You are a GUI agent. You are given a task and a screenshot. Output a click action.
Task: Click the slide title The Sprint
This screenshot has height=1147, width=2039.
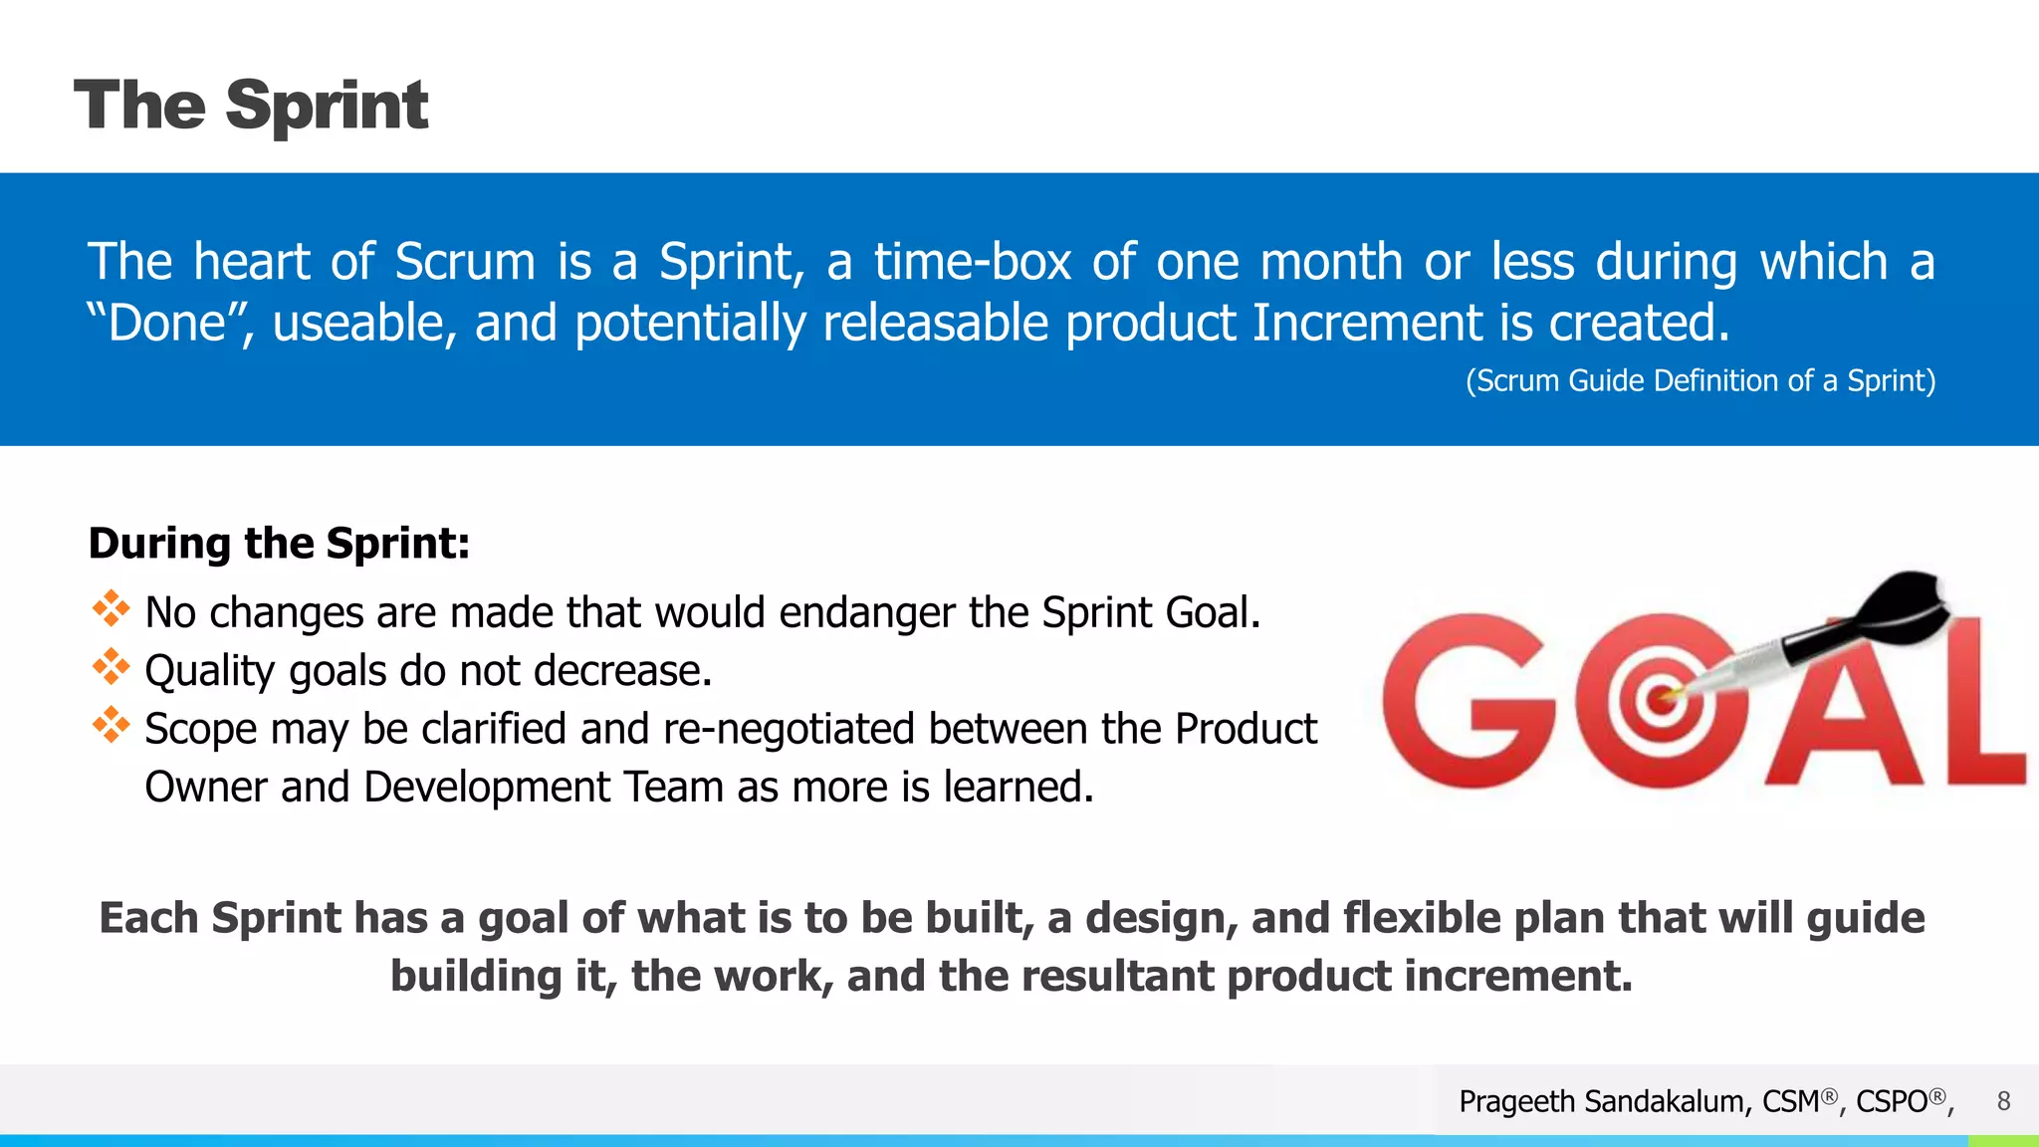coord(251,106)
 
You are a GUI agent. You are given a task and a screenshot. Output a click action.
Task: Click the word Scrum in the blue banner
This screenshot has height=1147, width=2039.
coord(465,263)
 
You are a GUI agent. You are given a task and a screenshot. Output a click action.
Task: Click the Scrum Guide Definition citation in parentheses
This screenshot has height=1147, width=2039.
coord(1699,381)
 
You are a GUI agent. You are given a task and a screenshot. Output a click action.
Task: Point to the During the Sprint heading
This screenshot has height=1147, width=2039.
coord(279,544)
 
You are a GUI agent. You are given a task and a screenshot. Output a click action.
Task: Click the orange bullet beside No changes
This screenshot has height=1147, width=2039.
coord(111,608)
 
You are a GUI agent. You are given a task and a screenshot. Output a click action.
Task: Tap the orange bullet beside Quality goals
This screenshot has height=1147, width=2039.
coord(111,667)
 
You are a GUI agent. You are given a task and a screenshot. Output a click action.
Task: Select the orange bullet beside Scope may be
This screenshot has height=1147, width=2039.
coord(111,725)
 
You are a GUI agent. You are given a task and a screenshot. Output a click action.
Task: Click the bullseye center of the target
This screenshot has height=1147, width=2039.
coord(1659,699)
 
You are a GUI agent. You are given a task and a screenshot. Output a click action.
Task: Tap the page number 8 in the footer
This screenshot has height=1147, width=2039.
coord(2003,1101)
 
